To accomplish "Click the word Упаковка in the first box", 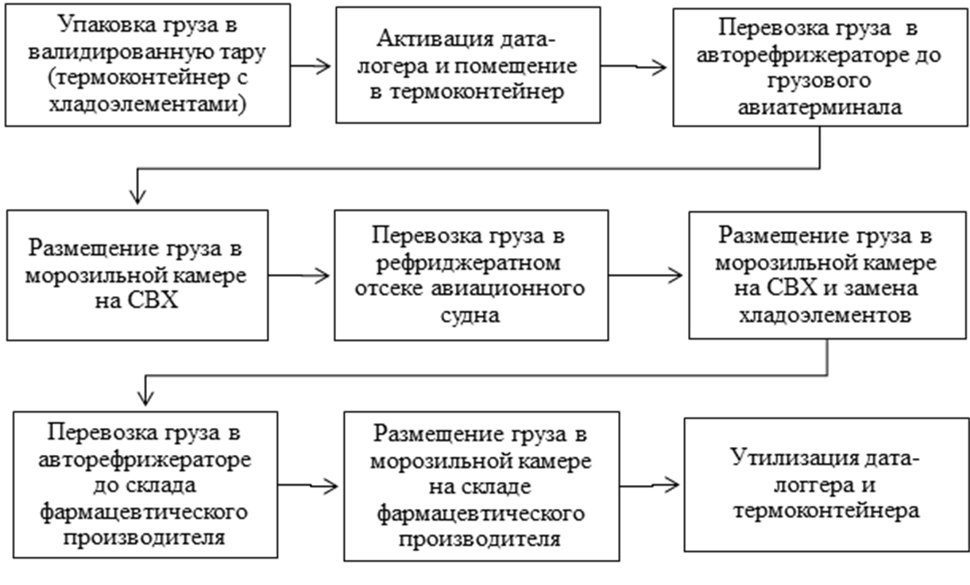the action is point(108,25).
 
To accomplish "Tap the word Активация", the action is point(435,39).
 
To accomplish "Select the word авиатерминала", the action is point(820,107).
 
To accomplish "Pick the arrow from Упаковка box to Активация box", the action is point(310,66).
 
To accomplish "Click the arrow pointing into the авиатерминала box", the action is point(633,67).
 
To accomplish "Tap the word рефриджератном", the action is point(469,263).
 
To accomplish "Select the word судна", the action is point(470,315).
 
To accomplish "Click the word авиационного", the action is point(508,289).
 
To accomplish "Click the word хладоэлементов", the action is point(825,315).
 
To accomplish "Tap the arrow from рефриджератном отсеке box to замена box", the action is point(645,275).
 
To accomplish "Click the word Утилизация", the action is point(791,458).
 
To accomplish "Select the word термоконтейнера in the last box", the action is point(826,511).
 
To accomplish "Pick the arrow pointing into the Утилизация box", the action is point(649,486).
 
